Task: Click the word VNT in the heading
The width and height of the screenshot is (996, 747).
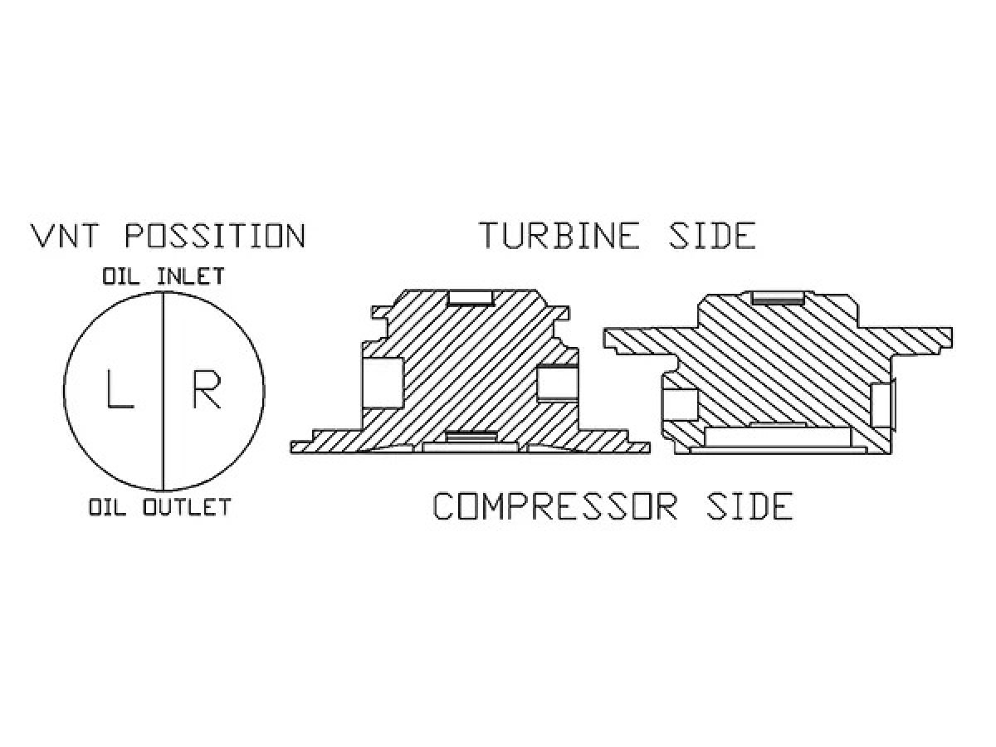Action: [64, 236]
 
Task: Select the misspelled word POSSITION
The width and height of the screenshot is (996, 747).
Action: [215, 236]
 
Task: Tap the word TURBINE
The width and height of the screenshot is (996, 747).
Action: [560, 236]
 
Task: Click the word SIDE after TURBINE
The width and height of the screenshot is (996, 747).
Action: [713, 236]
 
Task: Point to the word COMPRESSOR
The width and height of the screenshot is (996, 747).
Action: [554, 506]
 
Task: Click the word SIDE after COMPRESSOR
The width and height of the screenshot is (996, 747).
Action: [749, 506]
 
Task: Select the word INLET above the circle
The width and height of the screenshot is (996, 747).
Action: [191, 276]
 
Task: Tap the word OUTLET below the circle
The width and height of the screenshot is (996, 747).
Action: [187, 507]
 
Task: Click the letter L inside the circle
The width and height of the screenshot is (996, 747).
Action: [120, 389]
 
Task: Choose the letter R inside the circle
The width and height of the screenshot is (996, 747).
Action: [207, 389]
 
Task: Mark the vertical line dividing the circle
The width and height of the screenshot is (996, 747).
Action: [164, 391]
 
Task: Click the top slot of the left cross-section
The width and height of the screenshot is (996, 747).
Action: [471, 297]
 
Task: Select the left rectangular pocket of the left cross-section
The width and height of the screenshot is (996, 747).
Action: [383, 382]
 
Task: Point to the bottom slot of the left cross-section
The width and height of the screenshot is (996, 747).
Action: [470, 437]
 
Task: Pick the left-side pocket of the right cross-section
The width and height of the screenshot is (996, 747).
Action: [681, 404]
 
